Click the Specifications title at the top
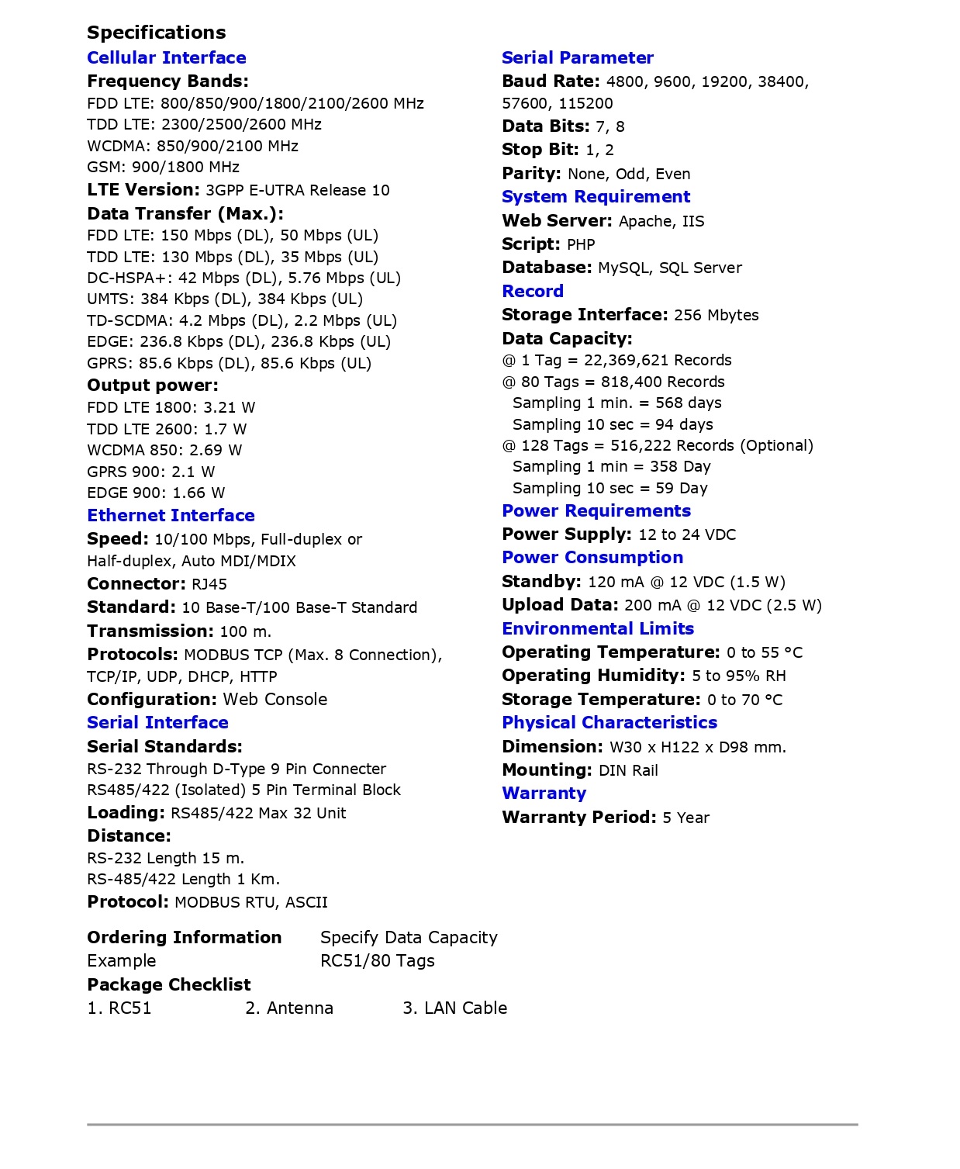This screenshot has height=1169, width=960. [x=157, y=33]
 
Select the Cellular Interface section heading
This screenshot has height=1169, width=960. [x=167, y=58]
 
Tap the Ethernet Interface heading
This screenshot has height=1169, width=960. [x=171, y=516]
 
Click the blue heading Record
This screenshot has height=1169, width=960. [x=533, y=292]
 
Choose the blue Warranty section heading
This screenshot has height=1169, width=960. [x=544, y=794]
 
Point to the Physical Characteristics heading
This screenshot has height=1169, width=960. [x=609, y=723]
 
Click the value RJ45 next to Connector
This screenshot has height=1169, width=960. [x=209, y=585]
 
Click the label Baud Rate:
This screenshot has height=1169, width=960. [x=551, y=81]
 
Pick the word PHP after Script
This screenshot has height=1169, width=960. [x=581, y=245]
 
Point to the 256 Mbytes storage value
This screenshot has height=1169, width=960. [x=717, y=316]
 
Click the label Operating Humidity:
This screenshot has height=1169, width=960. [x=593, y=676]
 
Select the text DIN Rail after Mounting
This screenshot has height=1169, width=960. [x=628, y=771]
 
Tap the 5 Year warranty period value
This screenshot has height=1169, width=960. [x=686, y=818]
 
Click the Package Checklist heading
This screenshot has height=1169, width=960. [x=169, y=985]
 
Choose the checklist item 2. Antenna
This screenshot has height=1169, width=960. [x=289, y=1008]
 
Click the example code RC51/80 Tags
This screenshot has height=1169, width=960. [x=378, y=961]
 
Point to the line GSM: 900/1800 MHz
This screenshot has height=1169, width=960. [x=163, y=168]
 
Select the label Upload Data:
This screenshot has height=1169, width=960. [x=560, y=605]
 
